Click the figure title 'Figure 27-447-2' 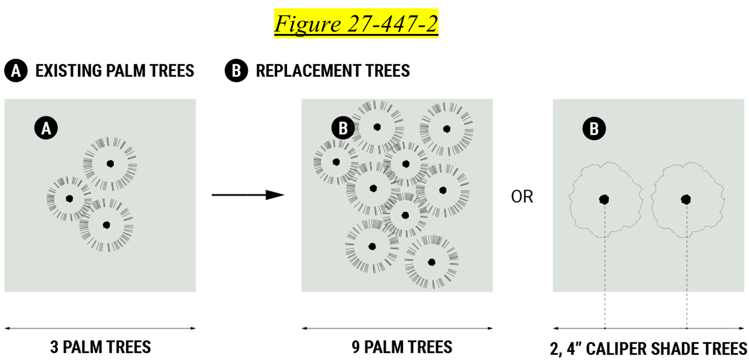pos(356,24)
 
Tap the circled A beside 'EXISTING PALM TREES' pos(16,71)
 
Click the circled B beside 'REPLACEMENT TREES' pos(236,71)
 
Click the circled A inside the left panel pos(46,128)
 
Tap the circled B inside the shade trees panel pos(594,129)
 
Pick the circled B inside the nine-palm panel pos(343,128)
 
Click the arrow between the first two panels pos(248,195)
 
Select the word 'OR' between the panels pos(522,197)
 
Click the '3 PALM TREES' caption pos(101,347)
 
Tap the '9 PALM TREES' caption pos(402,347)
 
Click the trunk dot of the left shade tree pos(604,199)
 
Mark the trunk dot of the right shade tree pos(686,199)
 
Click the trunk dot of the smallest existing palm pos(69,199)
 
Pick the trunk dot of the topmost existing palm pos(110,164)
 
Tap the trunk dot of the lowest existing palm pos(106,225)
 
